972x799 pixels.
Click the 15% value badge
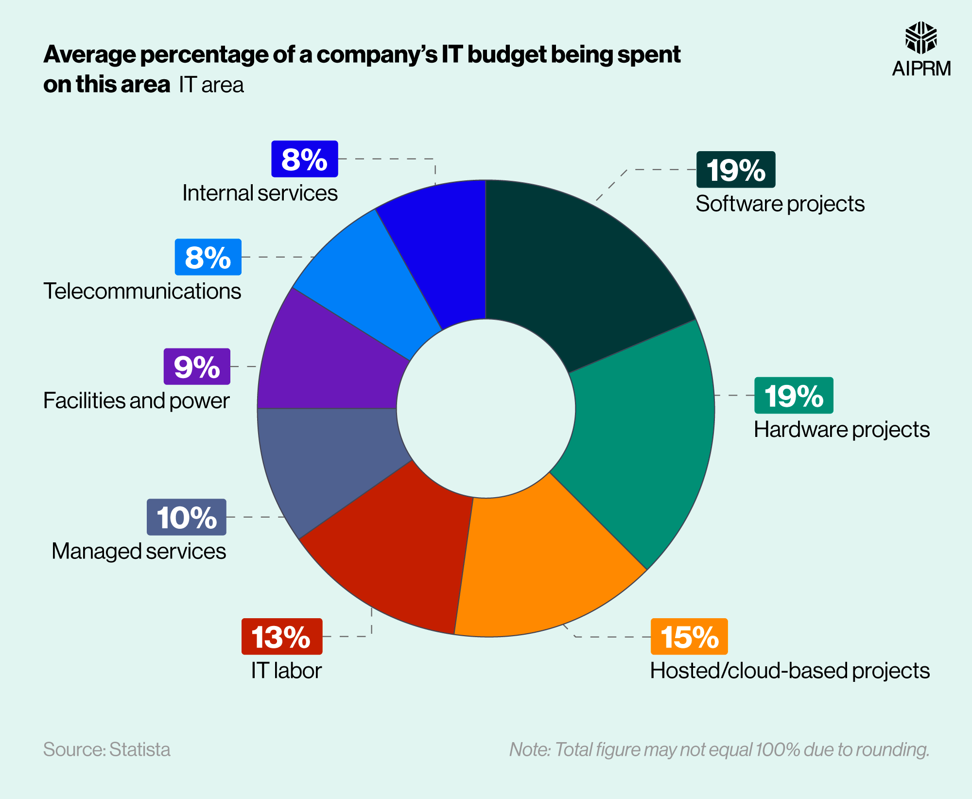[x=689, y=637]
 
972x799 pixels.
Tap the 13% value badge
[x=282, y=637]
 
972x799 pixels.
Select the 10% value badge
[x=187, y=517]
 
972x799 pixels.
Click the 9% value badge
[x=197, y=366]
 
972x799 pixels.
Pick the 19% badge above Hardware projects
[x=794, y=396]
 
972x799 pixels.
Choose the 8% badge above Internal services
[x=305, y=159]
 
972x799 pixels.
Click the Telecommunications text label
[x=142, y=292]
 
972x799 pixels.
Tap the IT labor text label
[x=286, y=671]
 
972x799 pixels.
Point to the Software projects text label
[x=780, y=204]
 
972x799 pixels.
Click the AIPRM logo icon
[x=921, y=38]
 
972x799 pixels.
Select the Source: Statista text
[x=107, y=749]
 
